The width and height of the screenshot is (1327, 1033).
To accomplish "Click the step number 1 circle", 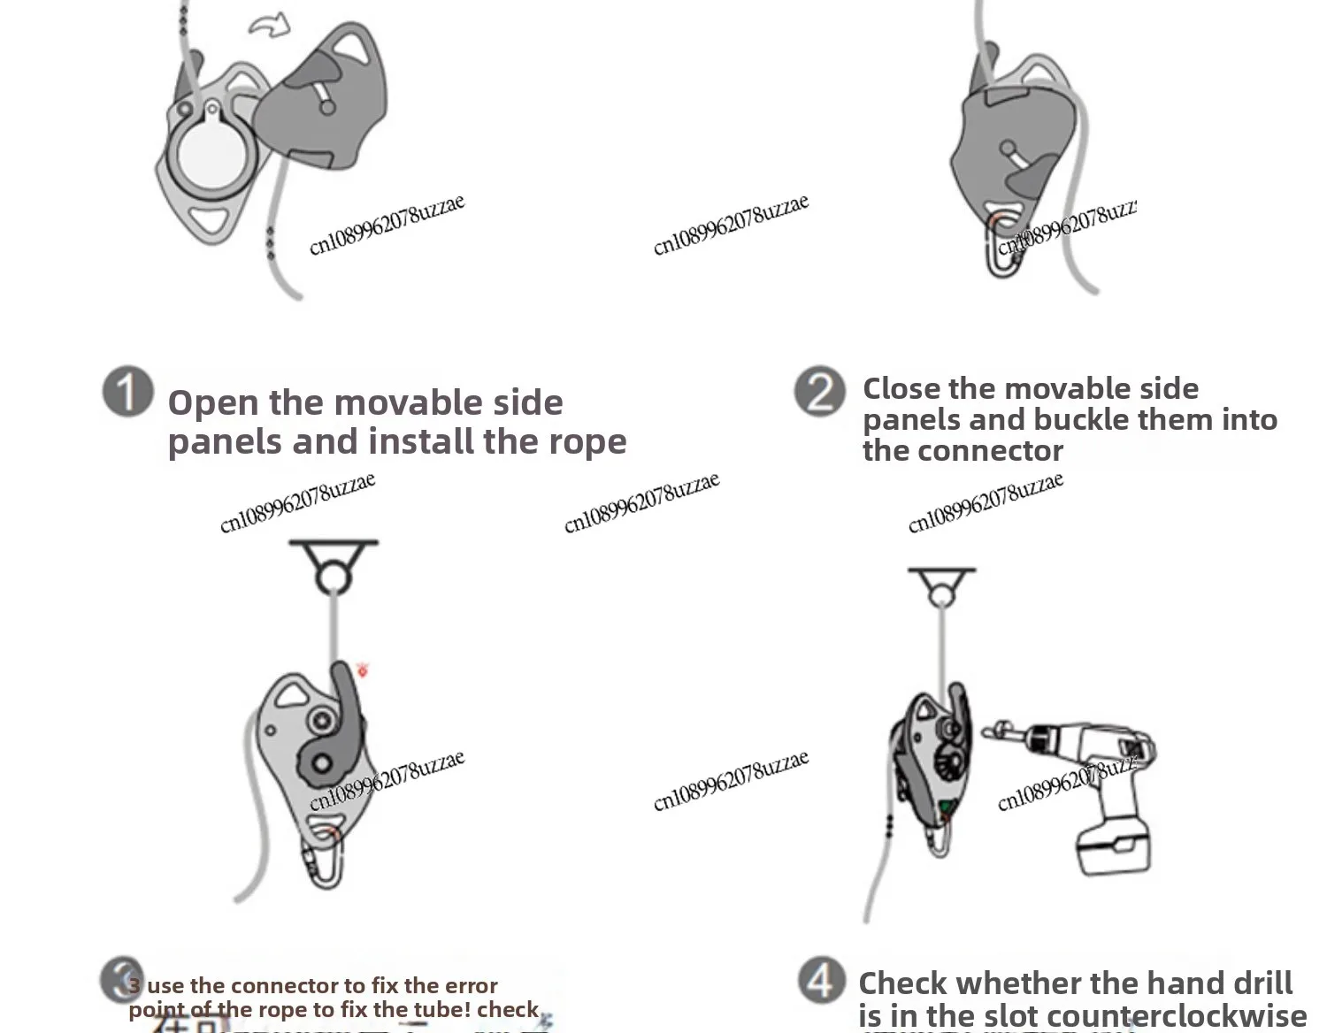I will [x=127, y=393].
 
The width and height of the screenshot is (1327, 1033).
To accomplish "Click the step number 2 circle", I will [x=818, y=392].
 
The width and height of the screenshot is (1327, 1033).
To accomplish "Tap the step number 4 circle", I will [x=822, y=980].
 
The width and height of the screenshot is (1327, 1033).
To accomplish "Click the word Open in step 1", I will [x=212, y=403].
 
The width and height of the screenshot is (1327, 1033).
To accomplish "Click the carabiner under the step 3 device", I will [x=325, y=861].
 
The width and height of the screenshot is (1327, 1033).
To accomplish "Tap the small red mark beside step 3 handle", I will [x=362, y=670].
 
